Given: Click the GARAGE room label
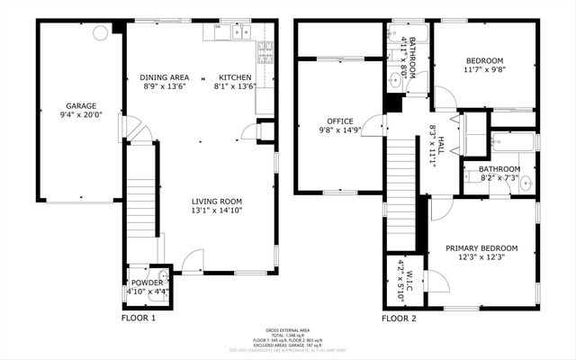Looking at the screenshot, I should pos(79,105).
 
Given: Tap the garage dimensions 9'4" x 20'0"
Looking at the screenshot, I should pos(79,115).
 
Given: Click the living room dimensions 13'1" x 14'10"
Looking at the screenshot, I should pos(216,211).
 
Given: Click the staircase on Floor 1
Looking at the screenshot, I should pos(140,202).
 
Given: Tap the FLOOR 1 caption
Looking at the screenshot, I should pos(139,318).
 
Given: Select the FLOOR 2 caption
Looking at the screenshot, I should pos(399,318).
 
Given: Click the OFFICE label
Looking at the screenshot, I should pos(340,121).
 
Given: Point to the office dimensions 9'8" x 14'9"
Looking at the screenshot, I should pos(340,130).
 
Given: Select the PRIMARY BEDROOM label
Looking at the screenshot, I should pos(486,247).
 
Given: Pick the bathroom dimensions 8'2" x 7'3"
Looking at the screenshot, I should pos(499,178).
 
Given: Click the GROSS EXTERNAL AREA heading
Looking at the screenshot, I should pos(288,330).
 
